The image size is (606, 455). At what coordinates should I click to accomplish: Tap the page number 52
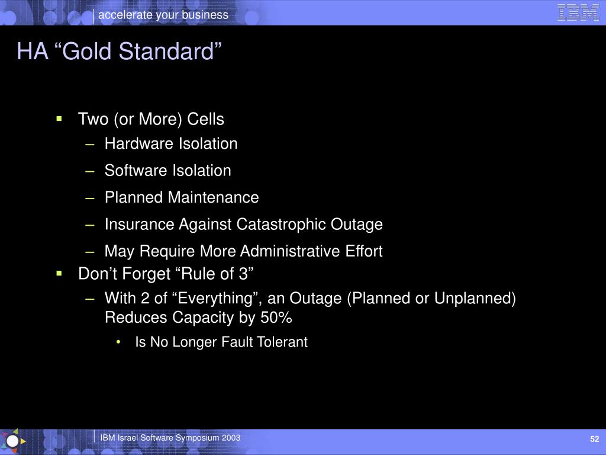594,439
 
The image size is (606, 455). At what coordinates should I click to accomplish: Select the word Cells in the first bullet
205,118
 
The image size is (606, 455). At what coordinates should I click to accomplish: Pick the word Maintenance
214,197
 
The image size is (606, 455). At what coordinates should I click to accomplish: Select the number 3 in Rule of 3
243,274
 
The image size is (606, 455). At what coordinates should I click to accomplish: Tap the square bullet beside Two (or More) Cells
59,118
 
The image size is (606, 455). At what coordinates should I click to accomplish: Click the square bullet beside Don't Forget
59,274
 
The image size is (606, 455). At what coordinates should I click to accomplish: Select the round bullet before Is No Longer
118,342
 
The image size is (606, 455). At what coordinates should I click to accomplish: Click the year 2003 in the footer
231,438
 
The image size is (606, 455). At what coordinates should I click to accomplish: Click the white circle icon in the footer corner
12,441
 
